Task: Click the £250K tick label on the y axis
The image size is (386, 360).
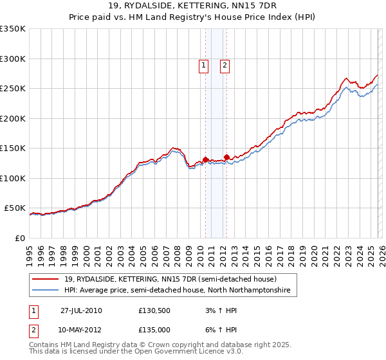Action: click(x=12, y=89)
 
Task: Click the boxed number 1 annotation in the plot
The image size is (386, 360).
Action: click(x=203, y=64)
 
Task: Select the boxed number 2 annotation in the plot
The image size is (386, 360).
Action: click(x=225, y=64)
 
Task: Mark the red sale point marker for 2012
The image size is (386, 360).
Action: click(x=226, y=157)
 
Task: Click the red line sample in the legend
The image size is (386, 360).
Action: click(x=46, y=280)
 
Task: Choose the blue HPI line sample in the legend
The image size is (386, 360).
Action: click(x=46, y=291)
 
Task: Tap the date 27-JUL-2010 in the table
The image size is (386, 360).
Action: click(x=81, y=310)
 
